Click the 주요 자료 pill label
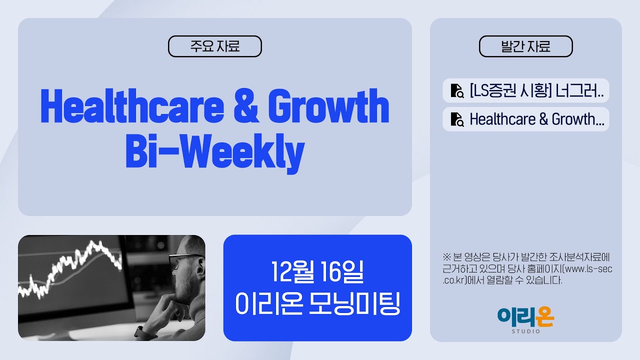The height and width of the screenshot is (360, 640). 215,46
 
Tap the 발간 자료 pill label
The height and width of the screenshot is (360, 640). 525,46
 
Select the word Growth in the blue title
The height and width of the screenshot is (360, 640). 328,108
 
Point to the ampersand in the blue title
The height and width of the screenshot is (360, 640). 243,108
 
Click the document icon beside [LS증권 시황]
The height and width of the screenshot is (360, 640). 456,90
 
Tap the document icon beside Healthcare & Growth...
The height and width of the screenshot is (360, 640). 456,119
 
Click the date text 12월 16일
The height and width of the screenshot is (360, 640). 317,271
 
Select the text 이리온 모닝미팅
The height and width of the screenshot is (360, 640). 317,303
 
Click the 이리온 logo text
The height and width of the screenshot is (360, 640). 525,316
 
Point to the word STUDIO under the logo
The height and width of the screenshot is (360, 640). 525,331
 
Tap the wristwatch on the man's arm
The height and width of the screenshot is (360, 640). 139,331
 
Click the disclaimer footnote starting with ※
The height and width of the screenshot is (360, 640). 527,268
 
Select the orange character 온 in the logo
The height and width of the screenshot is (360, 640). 543,316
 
